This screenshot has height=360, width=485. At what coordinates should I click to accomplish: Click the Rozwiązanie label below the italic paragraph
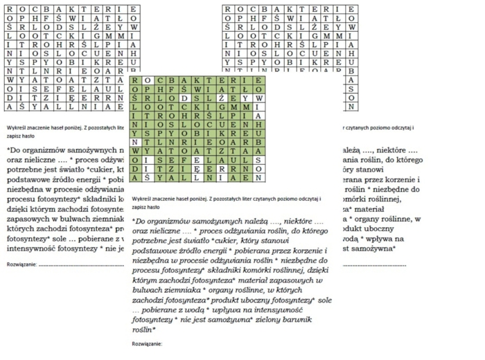tap(147, 343)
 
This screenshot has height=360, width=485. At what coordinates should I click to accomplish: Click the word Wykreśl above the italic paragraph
tap(143, 199)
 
